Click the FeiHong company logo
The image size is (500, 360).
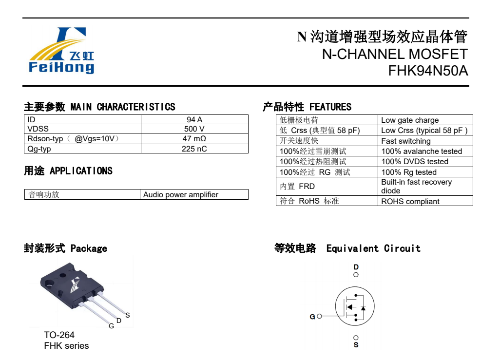point(61,51)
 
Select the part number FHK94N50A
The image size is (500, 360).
point(428,71)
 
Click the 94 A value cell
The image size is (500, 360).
point(194,119)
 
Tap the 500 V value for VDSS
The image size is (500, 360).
point(194,129)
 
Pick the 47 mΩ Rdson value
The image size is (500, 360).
point(194,139)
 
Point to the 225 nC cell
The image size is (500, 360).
point(194,149)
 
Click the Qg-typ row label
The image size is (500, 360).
point(39,149)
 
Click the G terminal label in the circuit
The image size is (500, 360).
point(312,317)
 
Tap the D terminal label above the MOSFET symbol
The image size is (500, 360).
point(356,267)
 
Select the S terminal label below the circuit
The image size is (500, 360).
point(356,345)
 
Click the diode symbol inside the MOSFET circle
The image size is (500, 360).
point(363,308)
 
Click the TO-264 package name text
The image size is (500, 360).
point(59,335)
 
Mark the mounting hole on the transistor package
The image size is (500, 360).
point(63,275)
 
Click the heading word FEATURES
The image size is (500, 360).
point(330,107)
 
